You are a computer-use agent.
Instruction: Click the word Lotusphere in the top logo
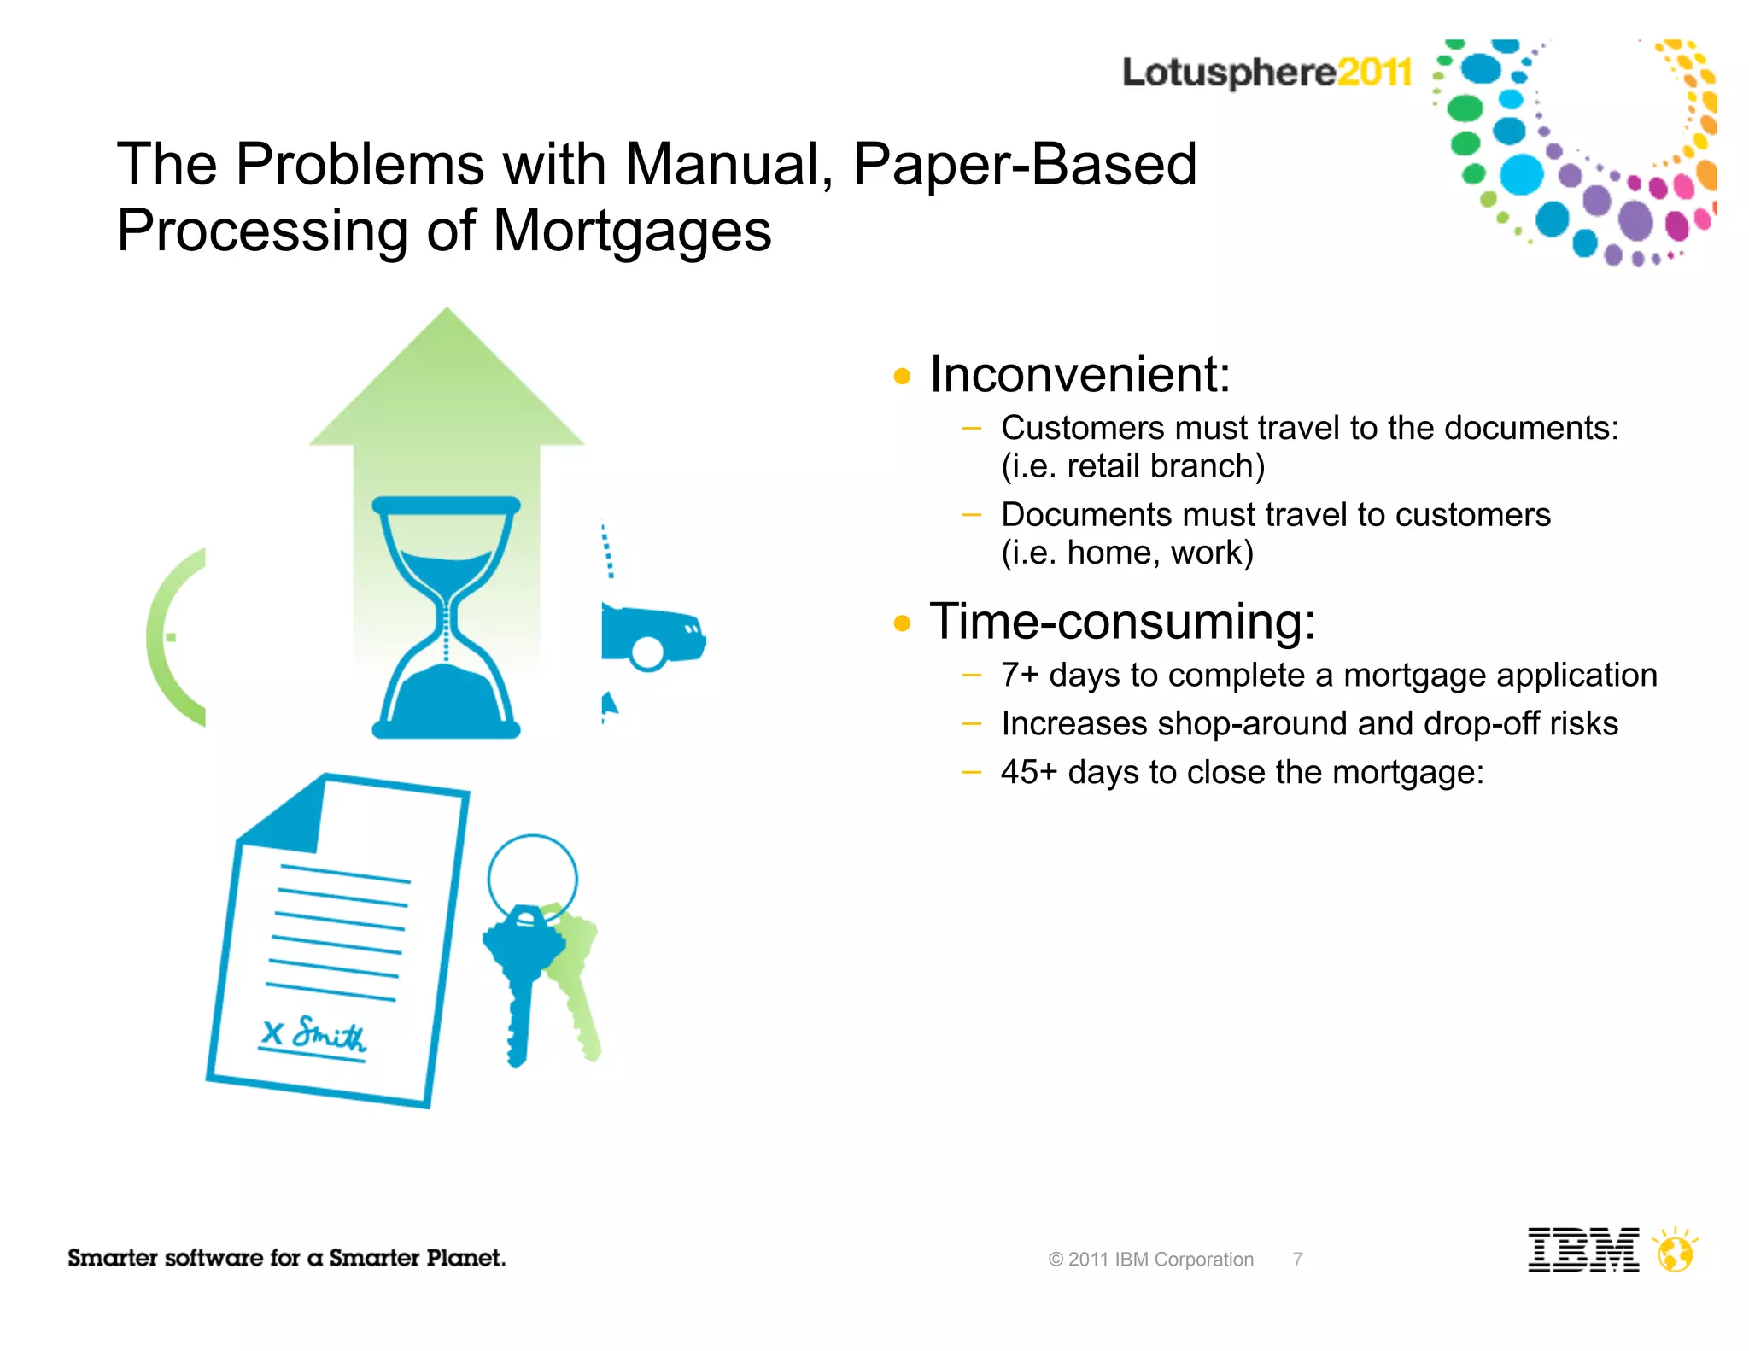pos(1228,72)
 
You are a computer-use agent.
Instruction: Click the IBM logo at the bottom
pos(1582,1250)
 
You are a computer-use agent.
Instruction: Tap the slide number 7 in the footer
pos(1297,1260)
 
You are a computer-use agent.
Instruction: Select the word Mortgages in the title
pos(632,231)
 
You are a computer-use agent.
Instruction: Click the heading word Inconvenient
pos(1079,375)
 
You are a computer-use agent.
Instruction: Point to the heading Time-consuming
pos(1122,622)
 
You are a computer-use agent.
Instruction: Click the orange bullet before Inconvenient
pos(902,376)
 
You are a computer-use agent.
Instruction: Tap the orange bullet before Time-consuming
pos(902,623)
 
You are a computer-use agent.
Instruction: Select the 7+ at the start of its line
pos(1020,675)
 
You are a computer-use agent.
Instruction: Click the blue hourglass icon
pos(446,617)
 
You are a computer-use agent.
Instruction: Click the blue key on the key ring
pos(520,974)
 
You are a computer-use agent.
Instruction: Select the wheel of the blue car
pos(646,653)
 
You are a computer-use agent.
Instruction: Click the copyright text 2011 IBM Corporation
pos(1150,1260)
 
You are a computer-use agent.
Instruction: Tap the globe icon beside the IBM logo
pos(1675,1254)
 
